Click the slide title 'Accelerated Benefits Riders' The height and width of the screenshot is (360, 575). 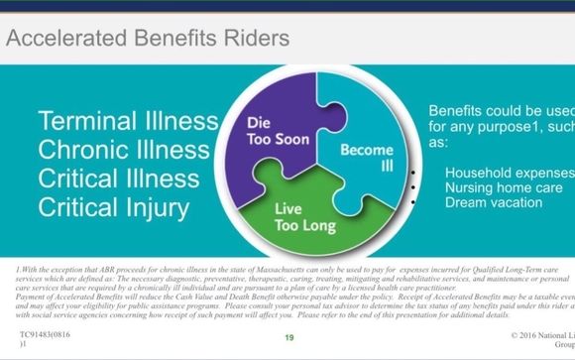coord(148,39)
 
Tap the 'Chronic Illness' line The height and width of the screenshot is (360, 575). coord(127,152)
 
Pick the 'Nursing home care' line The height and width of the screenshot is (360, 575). coord(502,187)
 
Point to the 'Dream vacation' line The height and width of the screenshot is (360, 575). coord(493,202)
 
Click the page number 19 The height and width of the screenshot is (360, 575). coord(290,339)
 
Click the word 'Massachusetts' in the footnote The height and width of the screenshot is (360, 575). coord(276,271)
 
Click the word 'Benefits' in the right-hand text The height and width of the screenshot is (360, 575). coord(460,111)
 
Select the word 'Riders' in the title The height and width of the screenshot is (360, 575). coord(257,39)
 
